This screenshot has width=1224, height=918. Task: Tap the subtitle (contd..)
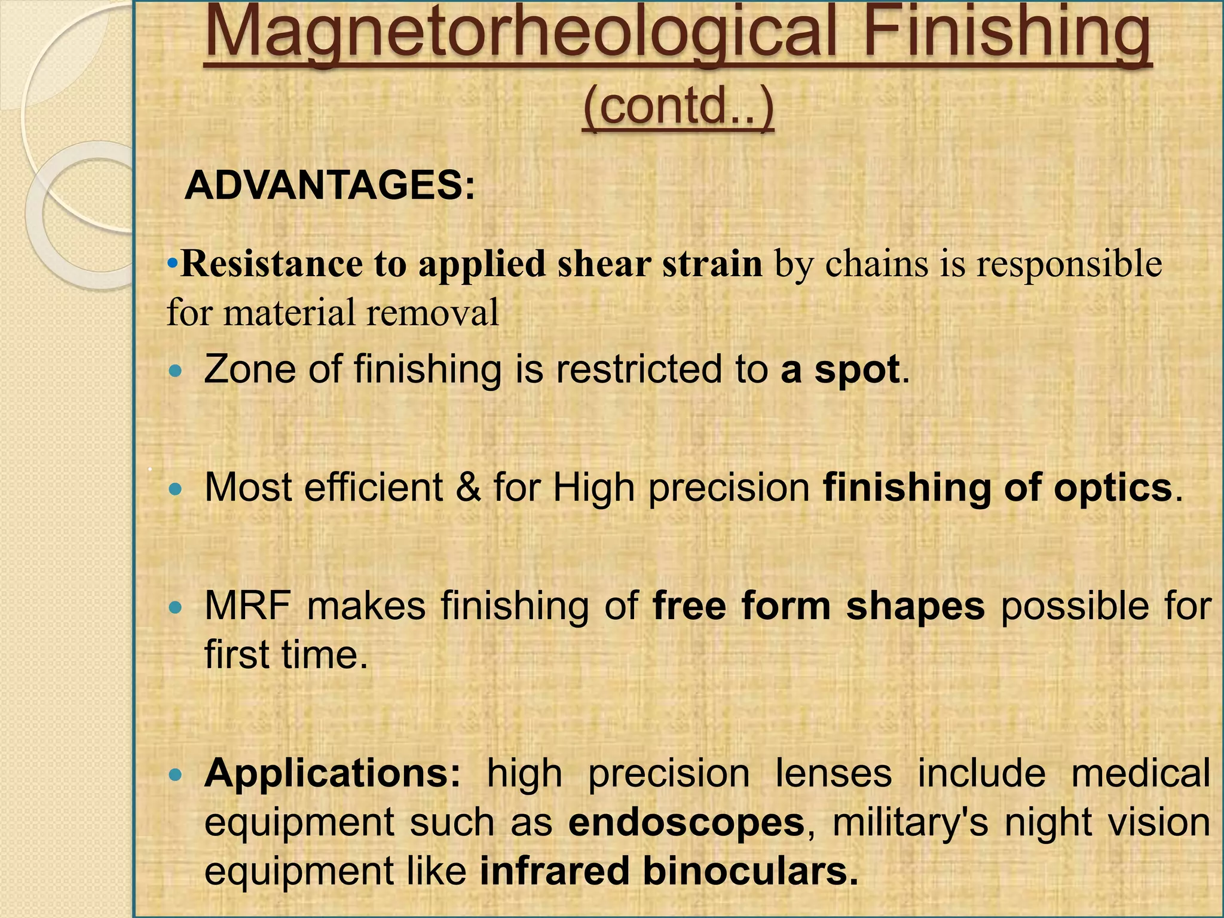678,107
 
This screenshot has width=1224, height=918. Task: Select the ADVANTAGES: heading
330,185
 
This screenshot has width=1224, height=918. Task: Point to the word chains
876,264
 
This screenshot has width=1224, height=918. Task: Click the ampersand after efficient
468,488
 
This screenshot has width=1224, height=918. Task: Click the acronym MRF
247,606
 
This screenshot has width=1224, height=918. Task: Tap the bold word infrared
554,871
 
